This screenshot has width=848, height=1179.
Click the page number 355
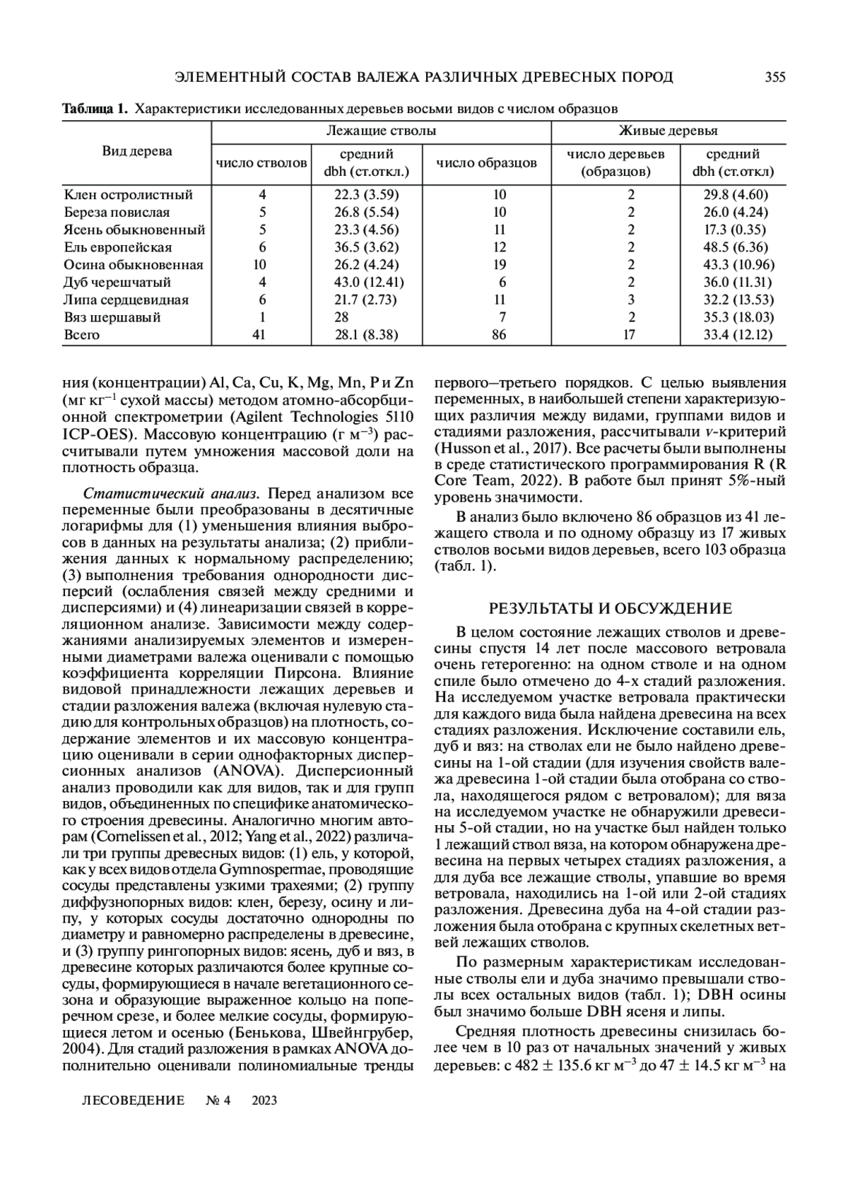coord(775,78)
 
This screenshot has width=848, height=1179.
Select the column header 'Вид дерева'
coord(137,151)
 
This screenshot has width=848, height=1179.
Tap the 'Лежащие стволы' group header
coord(381,131)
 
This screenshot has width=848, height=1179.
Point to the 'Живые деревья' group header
coord(668,131)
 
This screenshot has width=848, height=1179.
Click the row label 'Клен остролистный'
coord(128,195)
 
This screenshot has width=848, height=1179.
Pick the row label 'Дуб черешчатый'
coord(117,283)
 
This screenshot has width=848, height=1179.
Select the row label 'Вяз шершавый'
coord(112,317)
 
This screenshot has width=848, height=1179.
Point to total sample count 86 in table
coord(499,335)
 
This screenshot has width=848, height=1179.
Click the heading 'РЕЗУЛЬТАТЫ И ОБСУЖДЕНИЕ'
coord(611,608)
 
